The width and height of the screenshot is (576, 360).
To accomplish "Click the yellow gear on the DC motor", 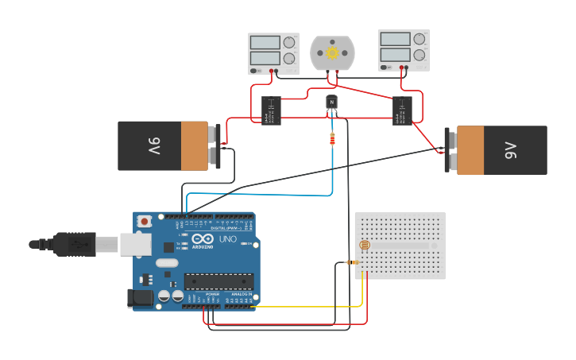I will click(x=332, y=52).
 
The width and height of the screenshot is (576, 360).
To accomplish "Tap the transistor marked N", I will click(x=332, y=103).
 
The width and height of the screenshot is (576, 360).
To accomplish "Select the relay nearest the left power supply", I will click(x=271, y=110).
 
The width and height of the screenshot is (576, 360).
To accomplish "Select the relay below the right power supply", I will click(x=402, y=110).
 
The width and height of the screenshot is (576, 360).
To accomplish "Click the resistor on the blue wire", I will click(x=332, y=140).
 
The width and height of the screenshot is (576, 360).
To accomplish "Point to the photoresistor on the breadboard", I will click(x=365, y=246).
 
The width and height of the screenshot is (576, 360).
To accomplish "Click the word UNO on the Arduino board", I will click(x=227, y=239).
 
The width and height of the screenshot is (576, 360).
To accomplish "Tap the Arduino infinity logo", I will click(x=203, y=238).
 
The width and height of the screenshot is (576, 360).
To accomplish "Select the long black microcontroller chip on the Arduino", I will click(x=219, y=281).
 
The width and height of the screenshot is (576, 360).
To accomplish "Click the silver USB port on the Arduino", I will click(x=135, y=244).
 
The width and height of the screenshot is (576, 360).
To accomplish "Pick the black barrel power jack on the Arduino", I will click(x=141, y=298).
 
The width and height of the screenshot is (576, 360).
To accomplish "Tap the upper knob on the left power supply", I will click(x=289, y=42).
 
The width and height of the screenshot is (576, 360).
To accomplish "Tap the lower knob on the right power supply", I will click(x=419, y=55).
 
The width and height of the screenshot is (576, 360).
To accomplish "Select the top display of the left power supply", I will click(x=263, y=42).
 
